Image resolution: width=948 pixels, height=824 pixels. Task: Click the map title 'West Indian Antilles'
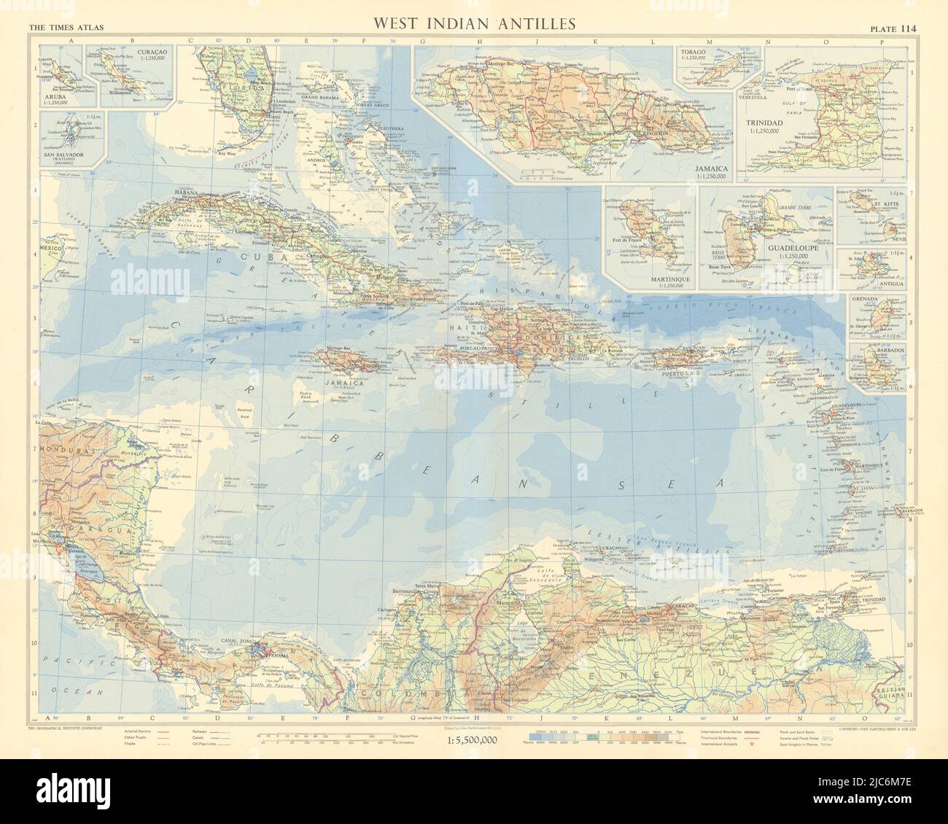pyautogui.click(x=475, y=23)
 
